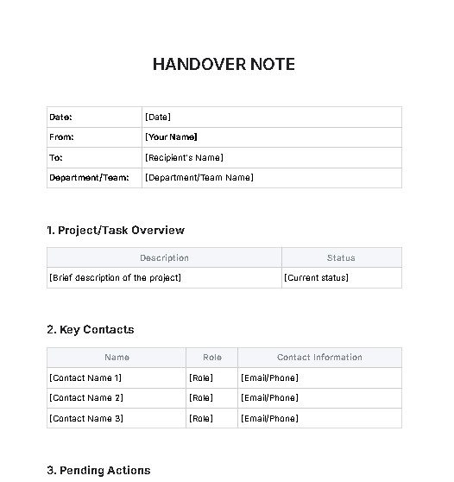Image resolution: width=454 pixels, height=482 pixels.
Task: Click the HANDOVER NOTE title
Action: click(x=224, y=65)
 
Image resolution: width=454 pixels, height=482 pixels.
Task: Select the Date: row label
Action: click(x=61, y=117)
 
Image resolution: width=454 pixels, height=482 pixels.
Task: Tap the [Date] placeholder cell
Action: click(x=158, y=117)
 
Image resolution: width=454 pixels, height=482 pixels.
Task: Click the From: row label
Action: click(x=62, y=137)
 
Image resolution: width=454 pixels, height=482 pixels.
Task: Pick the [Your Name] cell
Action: click(x=171, y=137)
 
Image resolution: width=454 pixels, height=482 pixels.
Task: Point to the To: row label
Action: click(x=57, y=158)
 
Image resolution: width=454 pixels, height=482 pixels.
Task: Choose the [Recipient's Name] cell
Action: click(x=184, y=158)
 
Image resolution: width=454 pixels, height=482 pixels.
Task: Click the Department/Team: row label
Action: click(x=90, y=178)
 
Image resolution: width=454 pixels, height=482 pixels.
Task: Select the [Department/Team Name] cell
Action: click(x=199, y=178)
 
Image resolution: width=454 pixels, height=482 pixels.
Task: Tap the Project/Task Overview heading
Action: click(x=115, y=231)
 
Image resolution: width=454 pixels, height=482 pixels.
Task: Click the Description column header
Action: click(x=164, y=257)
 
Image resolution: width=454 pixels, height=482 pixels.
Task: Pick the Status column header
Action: click(x=341, y=257)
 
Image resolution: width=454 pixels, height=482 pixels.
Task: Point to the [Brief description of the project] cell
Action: click(x=116, y=278)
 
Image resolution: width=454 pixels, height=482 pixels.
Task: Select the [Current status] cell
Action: click(x=316, y=278)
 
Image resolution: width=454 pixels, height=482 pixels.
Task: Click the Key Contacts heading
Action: click(x=90, y=330)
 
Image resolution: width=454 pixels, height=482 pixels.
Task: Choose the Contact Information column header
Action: click(x=319, y=357)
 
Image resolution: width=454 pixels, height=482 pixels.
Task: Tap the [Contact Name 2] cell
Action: click(x=86, y=398)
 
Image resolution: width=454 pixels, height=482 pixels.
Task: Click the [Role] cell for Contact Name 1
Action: click(x=201, y=378)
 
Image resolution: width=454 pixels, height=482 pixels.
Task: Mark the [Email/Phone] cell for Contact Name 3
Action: click(x=270, y=419)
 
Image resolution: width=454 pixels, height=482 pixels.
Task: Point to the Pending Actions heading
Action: click(x=98, y=471)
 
